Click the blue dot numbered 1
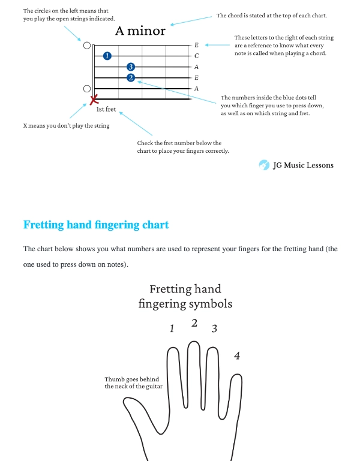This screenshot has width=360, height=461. pyautogui.click(x=107, y=56)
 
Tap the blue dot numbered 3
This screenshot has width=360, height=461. pyautogui.click(x=131, y=67)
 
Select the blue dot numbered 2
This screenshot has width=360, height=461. pyautogui.click(x=131, y=77)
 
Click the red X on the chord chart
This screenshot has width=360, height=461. pyautogui.click(x=94, y=99)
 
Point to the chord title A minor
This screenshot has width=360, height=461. pyautogui.click(x=140, y=31)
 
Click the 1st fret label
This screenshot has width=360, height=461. pyautogui.click(x=106, y=110)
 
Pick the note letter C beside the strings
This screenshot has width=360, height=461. pyautogui.click(x=197, y=56)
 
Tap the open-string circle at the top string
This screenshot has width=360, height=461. pyautogui.click(x=87, y=45)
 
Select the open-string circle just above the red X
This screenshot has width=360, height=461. pyautogui.click(x=87, y=89)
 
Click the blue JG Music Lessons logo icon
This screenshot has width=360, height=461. pyautogui.click(x=264, y=165)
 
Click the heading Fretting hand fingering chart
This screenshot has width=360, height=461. pyautogui.click(x=96, y=225)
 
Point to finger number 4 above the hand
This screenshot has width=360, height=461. pyautogui.click(x=237, y=356)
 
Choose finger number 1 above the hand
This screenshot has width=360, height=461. pyautogui.click(x=172, y=329)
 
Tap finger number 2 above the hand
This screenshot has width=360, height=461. pyautogui.click(x=194, y=323)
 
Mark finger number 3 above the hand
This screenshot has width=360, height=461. pyautogui.click(x=214, y=329)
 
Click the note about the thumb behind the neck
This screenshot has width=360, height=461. pyautogui.click(x=133, y=382)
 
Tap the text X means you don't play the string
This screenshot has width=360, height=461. pyautogui.click(x=66, y=126)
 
